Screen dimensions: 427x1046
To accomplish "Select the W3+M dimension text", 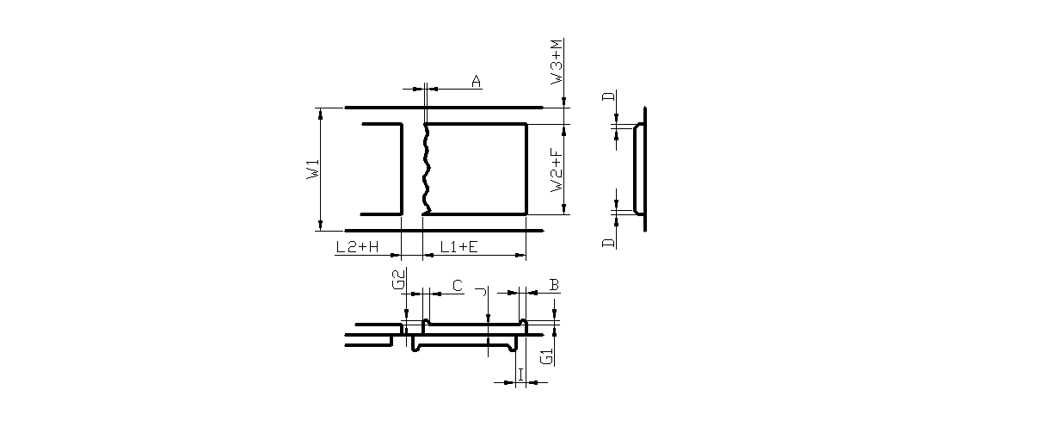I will [x=558, y=61].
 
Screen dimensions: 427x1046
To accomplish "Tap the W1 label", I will [x=313, y=169].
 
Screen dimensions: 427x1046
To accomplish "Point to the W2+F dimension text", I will [x=558, y=170].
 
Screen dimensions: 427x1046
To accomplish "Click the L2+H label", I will [x=357, y=247].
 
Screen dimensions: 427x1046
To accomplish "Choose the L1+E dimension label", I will [x=459, y=247].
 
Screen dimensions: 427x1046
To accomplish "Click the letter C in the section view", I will [x=457, y=285].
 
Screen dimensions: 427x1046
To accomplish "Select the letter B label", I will [x=555, y=284].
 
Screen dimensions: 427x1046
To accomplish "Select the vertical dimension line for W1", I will [x=320, y=169].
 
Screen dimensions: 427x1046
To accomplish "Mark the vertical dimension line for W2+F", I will [x=564, y=169].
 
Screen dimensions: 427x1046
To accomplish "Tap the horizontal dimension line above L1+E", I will [x=474, y=256].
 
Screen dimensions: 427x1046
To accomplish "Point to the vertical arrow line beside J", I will [x=488, y=327].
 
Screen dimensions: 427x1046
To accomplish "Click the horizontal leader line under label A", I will [x=456, y=88].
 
